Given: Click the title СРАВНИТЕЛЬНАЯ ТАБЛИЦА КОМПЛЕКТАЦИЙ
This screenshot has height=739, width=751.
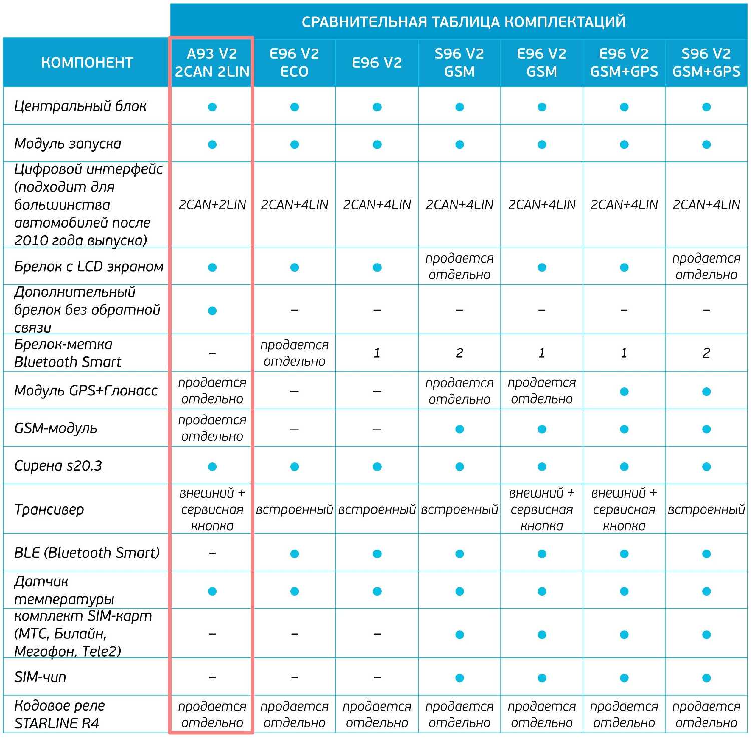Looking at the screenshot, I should [x=463, y=22].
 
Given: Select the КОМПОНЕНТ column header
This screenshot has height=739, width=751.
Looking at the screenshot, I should [x=87, y=63].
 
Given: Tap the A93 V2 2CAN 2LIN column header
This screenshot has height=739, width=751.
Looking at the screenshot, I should [x=212, y=63].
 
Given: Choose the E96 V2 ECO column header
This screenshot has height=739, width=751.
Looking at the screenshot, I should [x=294, y=63].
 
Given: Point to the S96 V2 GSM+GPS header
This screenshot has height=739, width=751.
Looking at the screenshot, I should [x=706, y=63].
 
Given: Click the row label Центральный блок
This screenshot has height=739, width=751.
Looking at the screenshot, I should [x=80, y=106].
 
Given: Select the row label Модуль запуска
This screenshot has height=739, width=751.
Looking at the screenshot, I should [x=68, y=144].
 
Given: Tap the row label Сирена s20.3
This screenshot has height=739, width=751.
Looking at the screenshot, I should [x=58, y=466].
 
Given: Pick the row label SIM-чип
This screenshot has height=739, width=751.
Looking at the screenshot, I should [x=40, y=677].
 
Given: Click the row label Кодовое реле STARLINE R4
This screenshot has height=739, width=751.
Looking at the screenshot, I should [x=59, y=714].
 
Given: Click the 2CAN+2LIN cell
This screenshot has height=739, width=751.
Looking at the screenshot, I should [x=212, y=205].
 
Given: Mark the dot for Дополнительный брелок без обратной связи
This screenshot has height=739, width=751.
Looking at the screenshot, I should [x=212, y=311].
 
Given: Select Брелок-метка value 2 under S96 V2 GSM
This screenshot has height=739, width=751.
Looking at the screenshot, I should [x=459, y=353].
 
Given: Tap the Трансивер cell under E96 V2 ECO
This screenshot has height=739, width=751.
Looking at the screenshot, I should [x=294, y=510].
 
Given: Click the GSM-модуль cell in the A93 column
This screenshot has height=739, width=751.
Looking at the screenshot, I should [x=212, y=428].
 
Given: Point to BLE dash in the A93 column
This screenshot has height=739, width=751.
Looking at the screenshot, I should [x=212, y=553].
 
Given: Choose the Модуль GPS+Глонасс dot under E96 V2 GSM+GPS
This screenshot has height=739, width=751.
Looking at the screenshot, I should [x=624, y=391].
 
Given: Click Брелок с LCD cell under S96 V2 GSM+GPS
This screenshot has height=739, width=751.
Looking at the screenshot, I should [x=706, y=266].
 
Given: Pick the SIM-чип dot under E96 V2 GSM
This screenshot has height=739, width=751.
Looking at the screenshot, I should [x=542, y=678].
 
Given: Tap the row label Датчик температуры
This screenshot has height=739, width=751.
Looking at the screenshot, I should [x=64, y=590].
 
